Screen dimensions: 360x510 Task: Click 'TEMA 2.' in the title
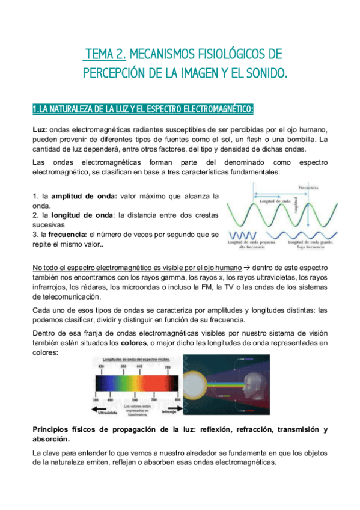(x=105, y=55)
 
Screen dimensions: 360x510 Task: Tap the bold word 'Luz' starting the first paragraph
(x=39, y=131)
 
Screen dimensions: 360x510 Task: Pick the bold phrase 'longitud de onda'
(x=82, y=215)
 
